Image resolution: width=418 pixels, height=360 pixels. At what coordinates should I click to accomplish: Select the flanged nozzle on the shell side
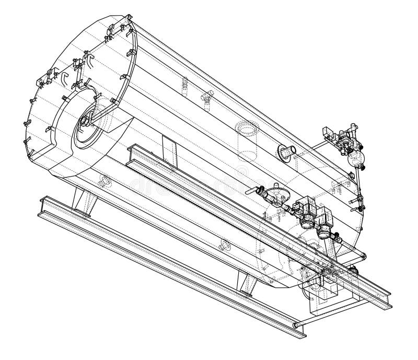click(x=287, y=151)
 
